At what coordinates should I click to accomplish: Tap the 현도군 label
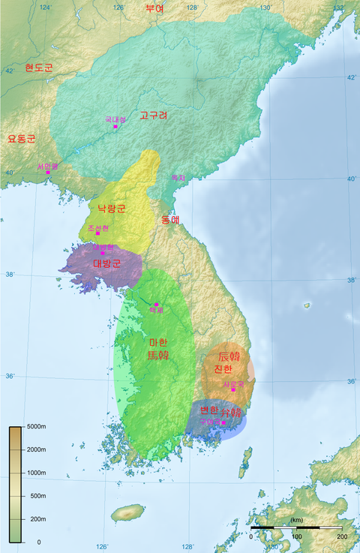tap(39, 68)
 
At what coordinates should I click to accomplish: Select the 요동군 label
tap(21, 139)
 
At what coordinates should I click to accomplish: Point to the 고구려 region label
tap(154, 116)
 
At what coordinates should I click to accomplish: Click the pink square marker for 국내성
tap(115, 127)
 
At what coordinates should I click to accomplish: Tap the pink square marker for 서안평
tap(48, 173)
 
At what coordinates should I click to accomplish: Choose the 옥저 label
tap(178, 178)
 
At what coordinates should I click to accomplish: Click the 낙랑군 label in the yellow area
tap(112, 208)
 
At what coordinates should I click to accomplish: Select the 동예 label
tap(170, 220)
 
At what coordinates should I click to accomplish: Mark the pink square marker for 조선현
tap(97, 233)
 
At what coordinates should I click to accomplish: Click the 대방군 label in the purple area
tap(106, 263)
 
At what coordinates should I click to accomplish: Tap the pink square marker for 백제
tap(156, 304)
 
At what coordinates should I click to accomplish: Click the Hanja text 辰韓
tap(229, 356)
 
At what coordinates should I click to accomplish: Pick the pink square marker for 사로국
tap(233, 389)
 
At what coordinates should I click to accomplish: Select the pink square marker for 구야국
tap(223, 422)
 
